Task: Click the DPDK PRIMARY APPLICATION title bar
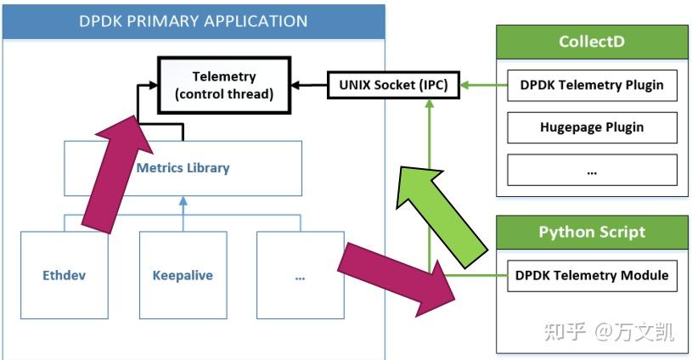[x=193, y=20]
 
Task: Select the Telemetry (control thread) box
[x=224, y=86]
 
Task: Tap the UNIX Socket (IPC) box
[x=387, y=85]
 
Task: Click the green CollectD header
[x=592, y=42]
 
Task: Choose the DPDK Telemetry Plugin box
[x=592, y=85]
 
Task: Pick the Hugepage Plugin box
[x=592, y=127]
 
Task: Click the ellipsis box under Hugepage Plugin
[x=592, y=171]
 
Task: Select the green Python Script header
[x=592, y=232]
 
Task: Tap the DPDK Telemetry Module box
[x=592, y=275]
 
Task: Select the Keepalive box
[x=183, y=276]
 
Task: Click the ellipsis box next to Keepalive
[x=300, y=276]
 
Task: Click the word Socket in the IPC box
[x=388, y=85]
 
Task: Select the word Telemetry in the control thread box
[x=224, y=76]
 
